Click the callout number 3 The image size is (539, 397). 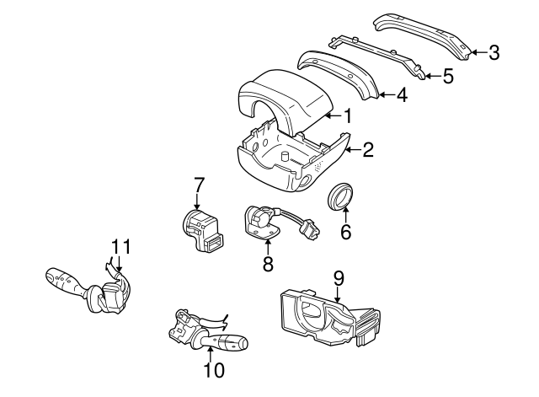[494, 53]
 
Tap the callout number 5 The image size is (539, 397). [448, 76]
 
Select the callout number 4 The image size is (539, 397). [402, 94]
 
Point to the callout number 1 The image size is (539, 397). [348, 115]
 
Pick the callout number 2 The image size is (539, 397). [367, 150]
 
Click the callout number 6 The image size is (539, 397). [345, 232]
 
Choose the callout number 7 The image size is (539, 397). [199, 185]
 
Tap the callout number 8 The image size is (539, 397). [268, 264]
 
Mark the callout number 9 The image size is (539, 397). [339, 278]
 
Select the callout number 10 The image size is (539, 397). [214, 370]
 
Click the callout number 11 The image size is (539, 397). [121, 247]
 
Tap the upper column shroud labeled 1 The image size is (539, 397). [286, 99]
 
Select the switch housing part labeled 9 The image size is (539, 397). [331, 317]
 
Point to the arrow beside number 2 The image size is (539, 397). [353, 150]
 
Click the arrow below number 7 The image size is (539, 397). [197, 201]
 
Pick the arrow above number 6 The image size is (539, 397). [345, 213]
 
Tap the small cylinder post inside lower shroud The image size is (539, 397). [286, 156]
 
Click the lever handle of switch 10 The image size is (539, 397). [225, 341]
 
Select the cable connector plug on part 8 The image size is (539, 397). [310, 228]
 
